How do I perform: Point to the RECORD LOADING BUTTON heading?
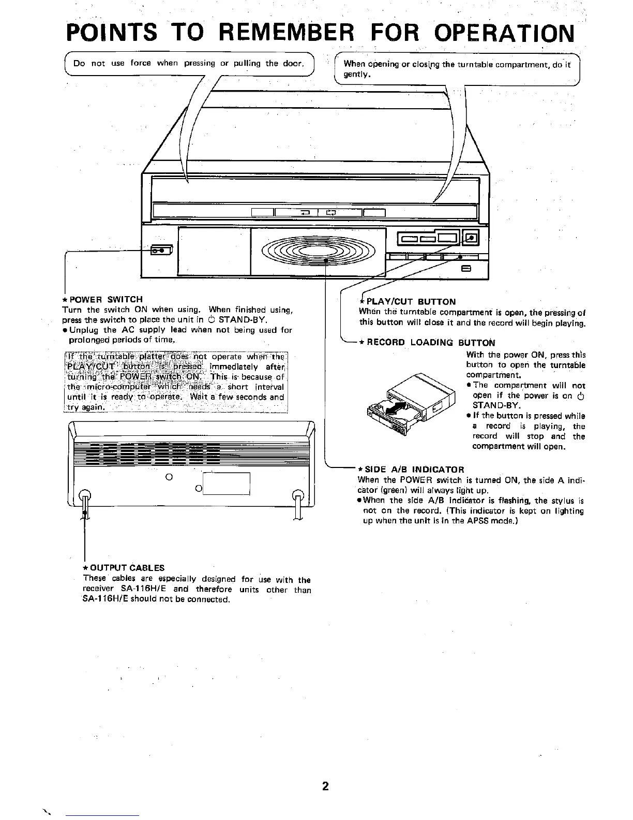pyautogui.click(x=430, y=342)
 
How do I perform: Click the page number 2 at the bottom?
pyautogui.click(x=325, y=786)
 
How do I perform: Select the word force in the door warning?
pyautogui.click(x=141, y=63)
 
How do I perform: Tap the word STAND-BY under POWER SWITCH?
pyautogui.click(x=243, y=319)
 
